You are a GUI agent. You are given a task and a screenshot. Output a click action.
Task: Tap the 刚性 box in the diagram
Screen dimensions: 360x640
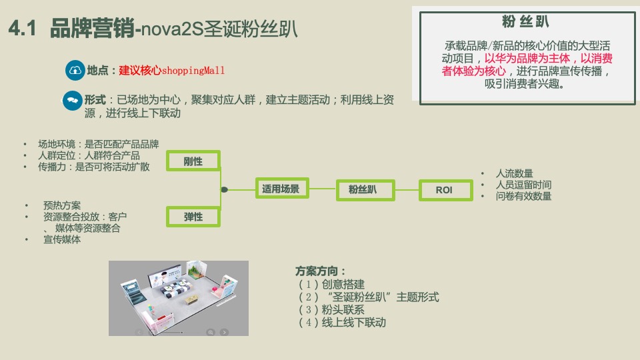(193, 161)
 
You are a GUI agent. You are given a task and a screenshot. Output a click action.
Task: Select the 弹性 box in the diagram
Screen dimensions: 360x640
(193, 217)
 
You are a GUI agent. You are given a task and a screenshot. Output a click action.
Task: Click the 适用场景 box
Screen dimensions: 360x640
(281, 189)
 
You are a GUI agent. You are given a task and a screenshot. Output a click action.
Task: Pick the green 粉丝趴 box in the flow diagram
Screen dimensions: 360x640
(362, 190)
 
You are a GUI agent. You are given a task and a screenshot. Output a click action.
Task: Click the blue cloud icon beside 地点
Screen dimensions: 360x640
(75, 70)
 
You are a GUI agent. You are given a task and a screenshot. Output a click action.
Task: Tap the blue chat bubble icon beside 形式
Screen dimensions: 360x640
(71, 100)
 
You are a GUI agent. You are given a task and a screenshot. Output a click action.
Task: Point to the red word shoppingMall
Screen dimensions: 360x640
(193, 70)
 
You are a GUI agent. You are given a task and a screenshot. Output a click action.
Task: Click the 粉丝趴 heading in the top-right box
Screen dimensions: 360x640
(525, 22)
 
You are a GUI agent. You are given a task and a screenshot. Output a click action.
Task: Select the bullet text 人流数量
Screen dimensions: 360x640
(514, 173)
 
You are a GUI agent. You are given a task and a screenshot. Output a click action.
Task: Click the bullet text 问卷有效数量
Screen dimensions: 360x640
(523, 196)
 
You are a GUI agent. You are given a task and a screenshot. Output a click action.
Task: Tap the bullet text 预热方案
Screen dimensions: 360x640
(62, 205)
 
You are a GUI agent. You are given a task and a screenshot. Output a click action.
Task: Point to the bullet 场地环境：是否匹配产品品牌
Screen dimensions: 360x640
(98, 144)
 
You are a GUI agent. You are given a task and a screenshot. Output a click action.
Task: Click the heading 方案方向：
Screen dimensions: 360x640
(321, 271)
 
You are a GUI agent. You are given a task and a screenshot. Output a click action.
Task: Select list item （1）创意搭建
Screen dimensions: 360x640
(331, 284)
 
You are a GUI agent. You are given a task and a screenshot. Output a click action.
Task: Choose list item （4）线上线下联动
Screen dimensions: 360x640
(342, 322)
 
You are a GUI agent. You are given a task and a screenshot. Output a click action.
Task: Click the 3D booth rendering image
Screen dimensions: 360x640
(179, 297)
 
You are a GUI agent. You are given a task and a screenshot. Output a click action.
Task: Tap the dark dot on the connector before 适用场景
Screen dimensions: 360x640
(224, 190)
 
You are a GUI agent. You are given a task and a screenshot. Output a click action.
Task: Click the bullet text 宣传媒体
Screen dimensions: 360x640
(62, 239)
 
